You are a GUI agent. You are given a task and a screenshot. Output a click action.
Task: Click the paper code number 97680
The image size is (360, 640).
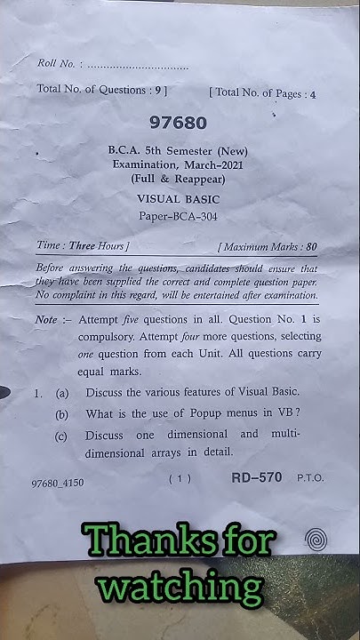coord(180,124)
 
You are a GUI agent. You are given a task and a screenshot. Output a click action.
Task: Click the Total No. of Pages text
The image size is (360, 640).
coord(262,92)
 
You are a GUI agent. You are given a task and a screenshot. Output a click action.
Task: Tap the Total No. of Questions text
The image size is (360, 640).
coord(100,90)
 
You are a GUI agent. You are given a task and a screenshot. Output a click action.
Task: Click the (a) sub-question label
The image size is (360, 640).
coord(62,392)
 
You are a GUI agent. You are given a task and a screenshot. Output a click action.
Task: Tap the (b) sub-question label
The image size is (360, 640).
coord(62,413)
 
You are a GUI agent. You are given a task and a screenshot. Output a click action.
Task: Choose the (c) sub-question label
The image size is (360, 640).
coord(62,436)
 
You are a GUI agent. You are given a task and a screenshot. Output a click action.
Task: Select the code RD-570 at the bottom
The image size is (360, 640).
coord(257,477)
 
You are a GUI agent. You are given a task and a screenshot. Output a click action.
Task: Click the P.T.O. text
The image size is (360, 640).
coord(311,478)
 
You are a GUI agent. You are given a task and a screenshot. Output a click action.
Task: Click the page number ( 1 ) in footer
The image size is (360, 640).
coord(180,479)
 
